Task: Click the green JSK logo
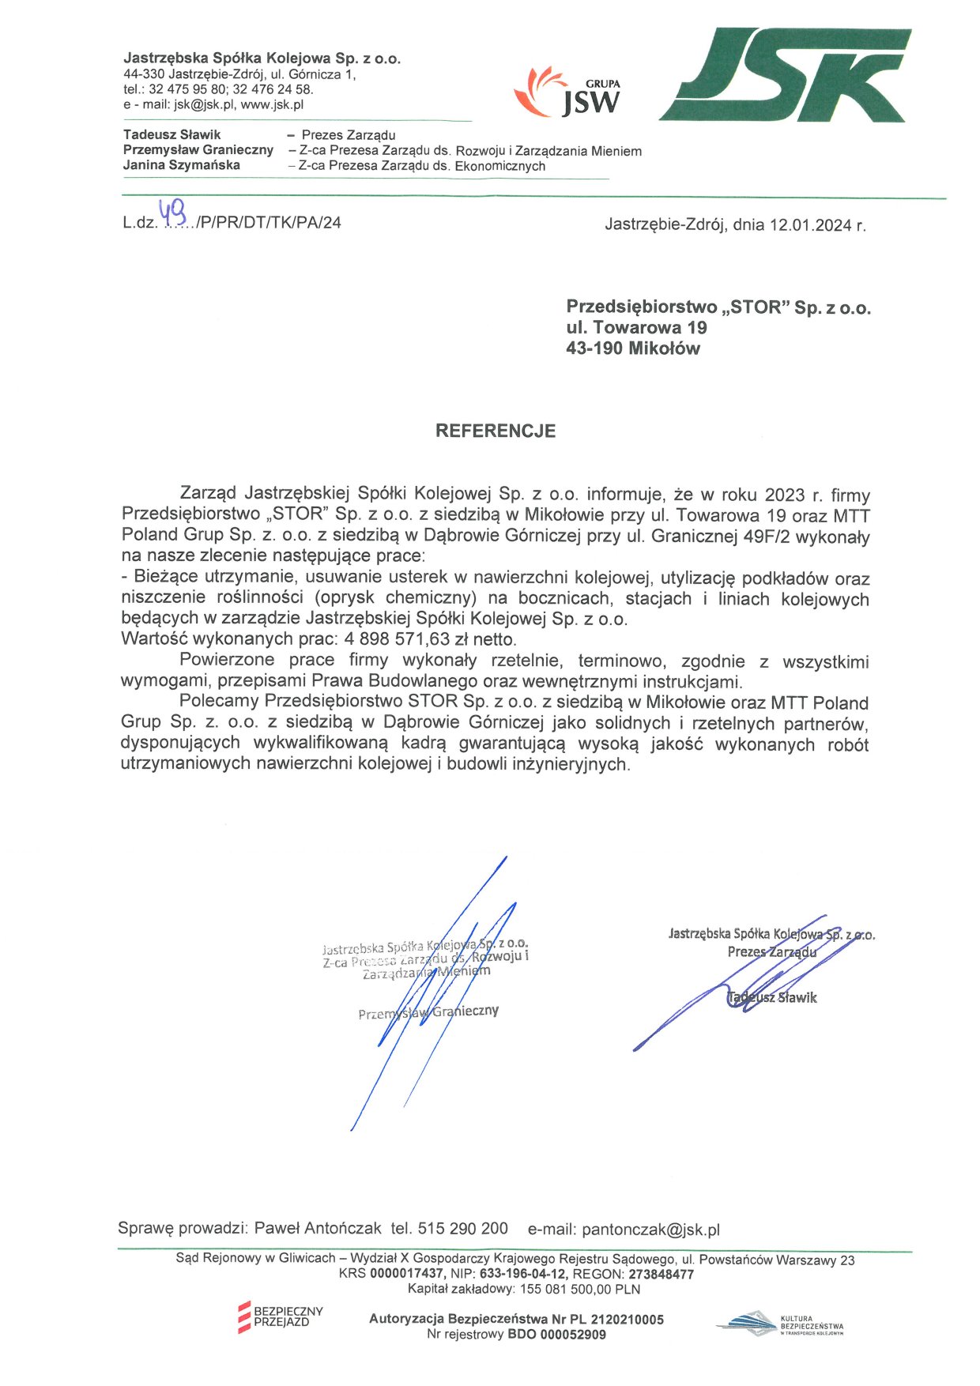click(x=784, y=75)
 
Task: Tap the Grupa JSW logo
click(x=568, y=92)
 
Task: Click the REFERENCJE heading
click(x=496, y=431)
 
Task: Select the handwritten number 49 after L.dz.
click(x=173, y=211)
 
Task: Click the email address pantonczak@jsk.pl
click(x=650, y=1230)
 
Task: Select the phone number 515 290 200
click(x=462, y=1229)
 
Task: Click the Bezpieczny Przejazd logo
click(x=281, y=1316)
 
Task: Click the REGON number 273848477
click(x=661, y=1274)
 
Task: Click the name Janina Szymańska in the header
click(x=181, y=165)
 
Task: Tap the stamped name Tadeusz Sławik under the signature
click(x=772, y=998)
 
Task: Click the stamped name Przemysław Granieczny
click(x=428, y=1012)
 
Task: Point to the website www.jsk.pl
click(x=273, y=104)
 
